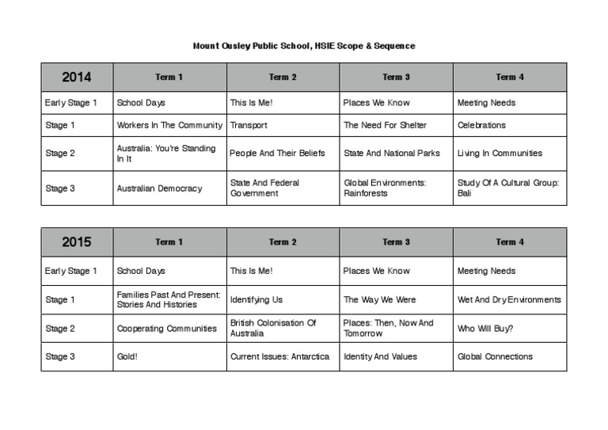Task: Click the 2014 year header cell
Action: pyautogui.click(x=77, y=77)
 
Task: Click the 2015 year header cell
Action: pyautogui.click(x=77, y=242)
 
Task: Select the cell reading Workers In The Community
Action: pyautogui.click(x=169, y=125)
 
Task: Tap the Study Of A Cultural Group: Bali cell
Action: pyautogui.click(x=508, y=188)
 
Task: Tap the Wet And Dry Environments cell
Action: pyautogui.click(x=509, y=300)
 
